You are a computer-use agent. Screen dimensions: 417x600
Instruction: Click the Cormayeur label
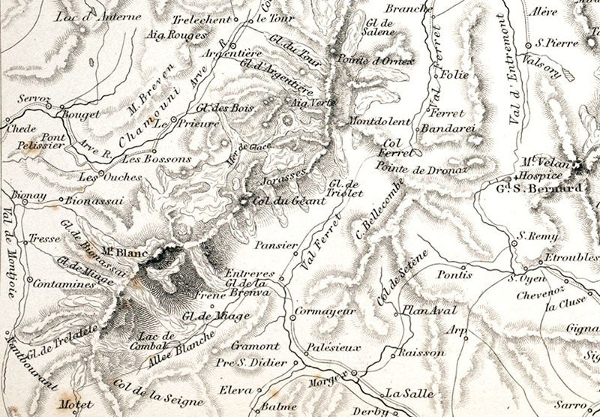pos(324,310)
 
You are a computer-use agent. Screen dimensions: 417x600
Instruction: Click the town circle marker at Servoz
pos(46,106)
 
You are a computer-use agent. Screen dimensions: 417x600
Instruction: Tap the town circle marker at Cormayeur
pos(292,318)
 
